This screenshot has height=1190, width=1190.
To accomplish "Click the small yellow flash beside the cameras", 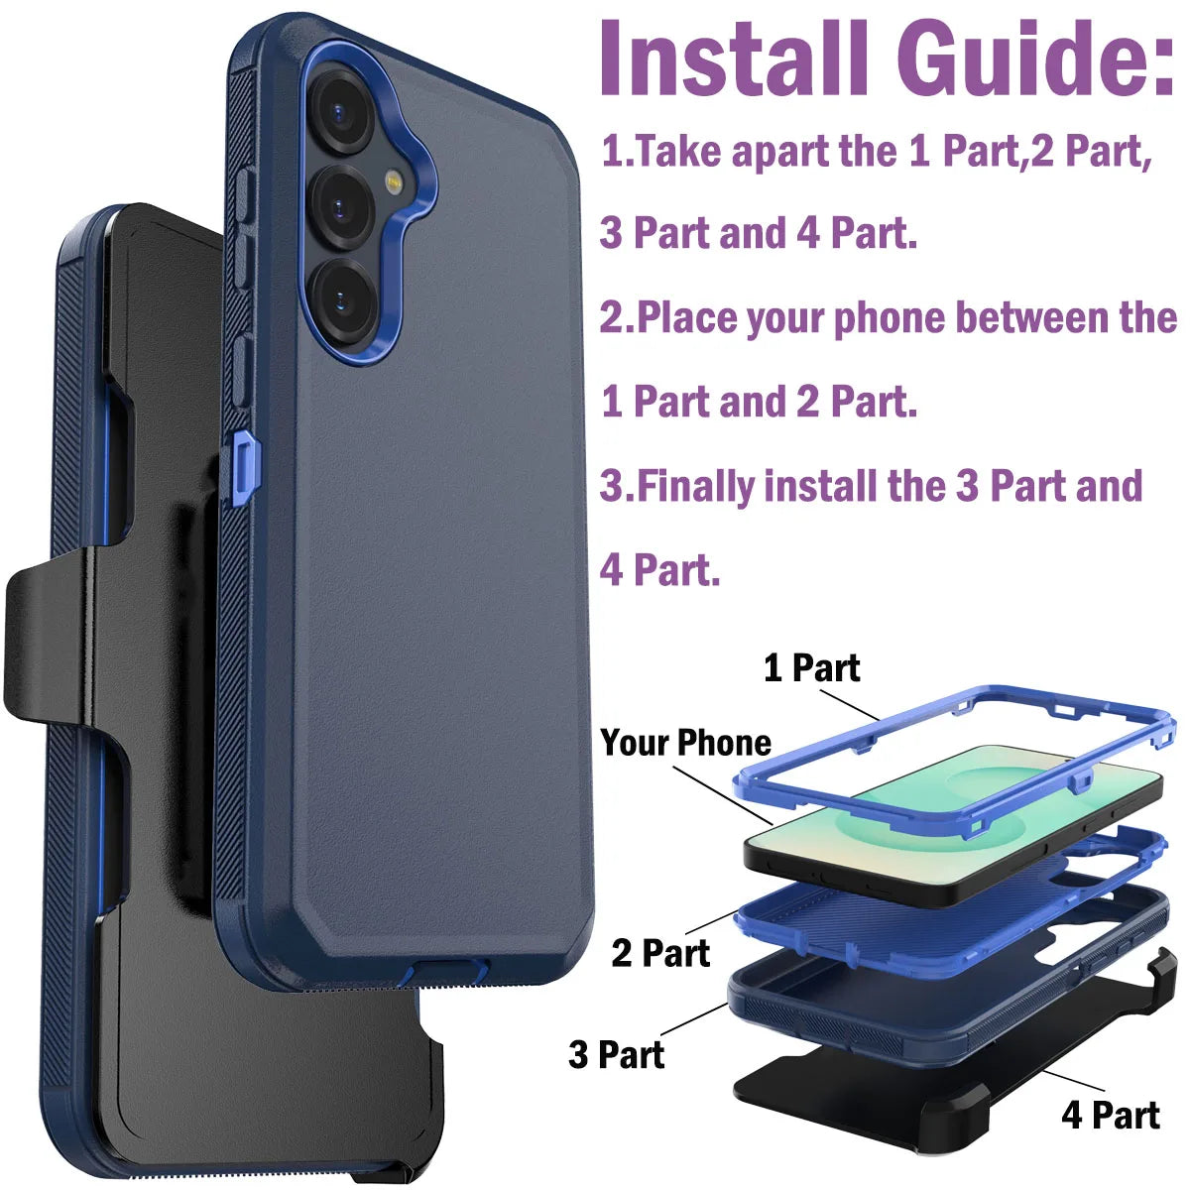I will [394, 181].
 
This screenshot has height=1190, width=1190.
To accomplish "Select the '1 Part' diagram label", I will [811, 668].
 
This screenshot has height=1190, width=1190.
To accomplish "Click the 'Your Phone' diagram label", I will [685, 743].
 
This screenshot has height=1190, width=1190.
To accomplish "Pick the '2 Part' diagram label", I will [660, 953].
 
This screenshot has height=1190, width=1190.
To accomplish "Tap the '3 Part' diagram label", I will [616, 1054].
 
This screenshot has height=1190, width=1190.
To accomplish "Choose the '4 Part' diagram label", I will [1110, 1115].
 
